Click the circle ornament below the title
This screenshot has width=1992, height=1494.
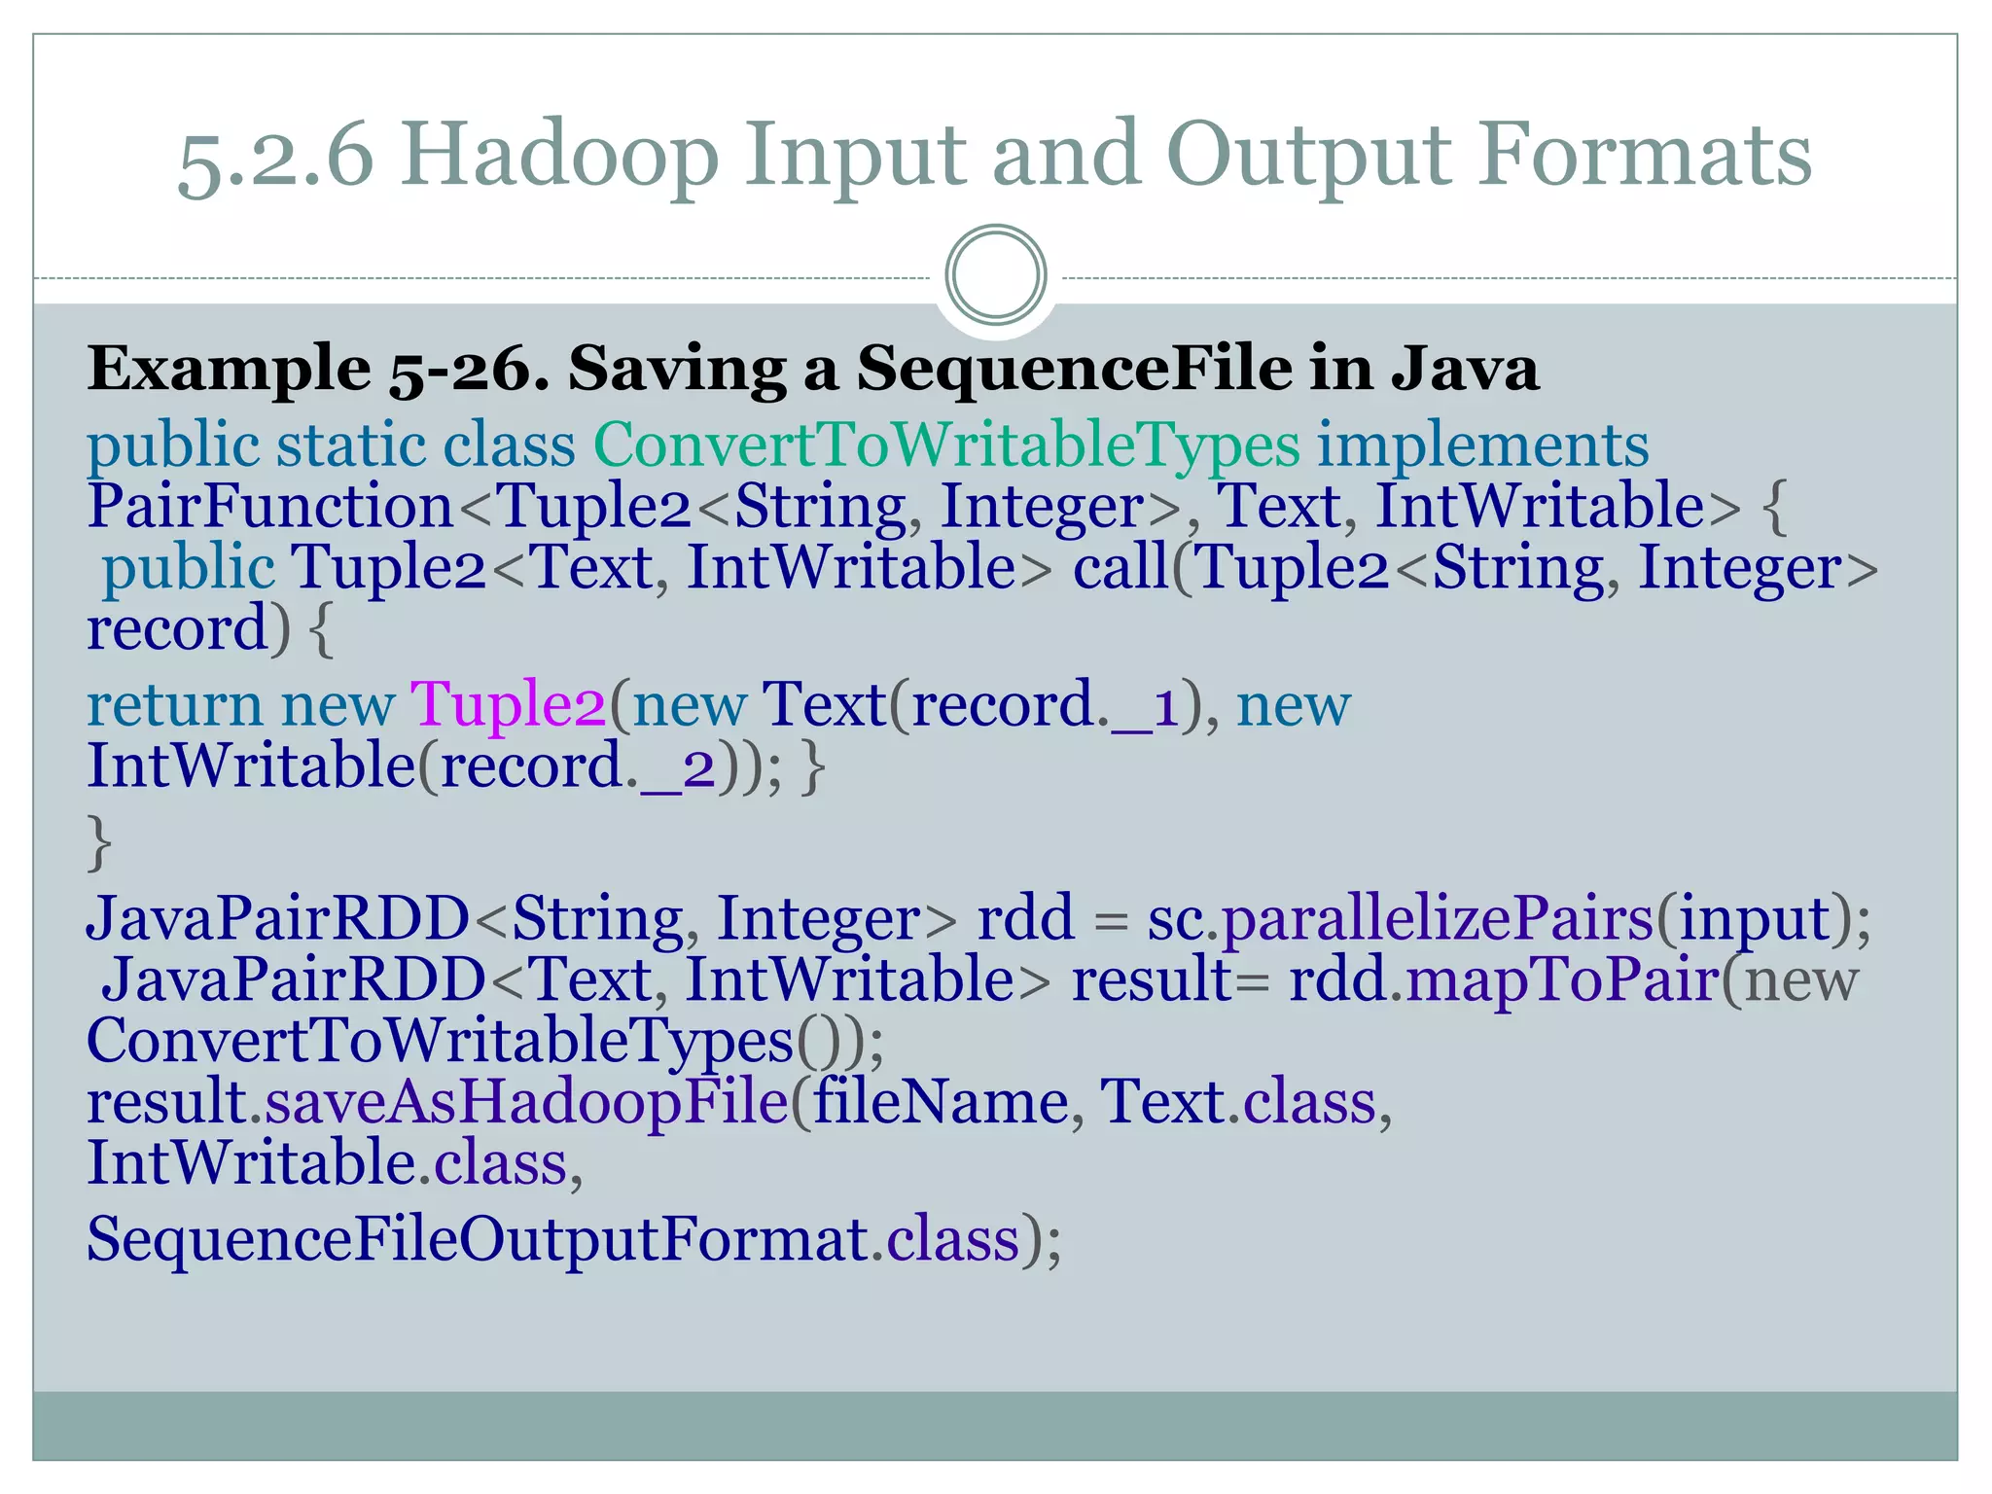995,275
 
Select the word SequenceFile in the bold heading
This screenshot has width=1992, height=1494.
1074,370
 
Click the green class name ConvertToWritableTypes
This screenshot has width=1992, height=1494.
945,445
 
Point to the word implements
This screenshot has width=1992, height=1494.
1482,445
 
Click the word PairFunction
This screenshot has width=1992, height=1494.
270,507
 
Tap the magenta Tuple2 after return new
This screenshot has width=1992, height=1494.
508,704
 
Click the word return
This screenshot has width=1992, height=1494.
175,706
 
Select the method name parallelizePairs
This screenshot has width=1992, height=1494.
1438,918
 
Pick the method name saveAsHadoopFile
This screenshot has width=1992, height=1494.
526,1102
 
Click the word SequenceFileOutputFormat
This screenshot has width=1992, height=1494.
478,1240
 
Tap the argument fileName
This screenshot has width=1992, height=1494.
941,1102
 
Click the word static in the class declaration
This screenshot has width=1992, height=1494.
351,445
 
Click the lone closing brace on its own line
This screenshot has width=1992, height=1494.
99,842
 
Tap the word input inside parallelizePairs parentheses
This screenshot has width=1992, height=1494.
1755,920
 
